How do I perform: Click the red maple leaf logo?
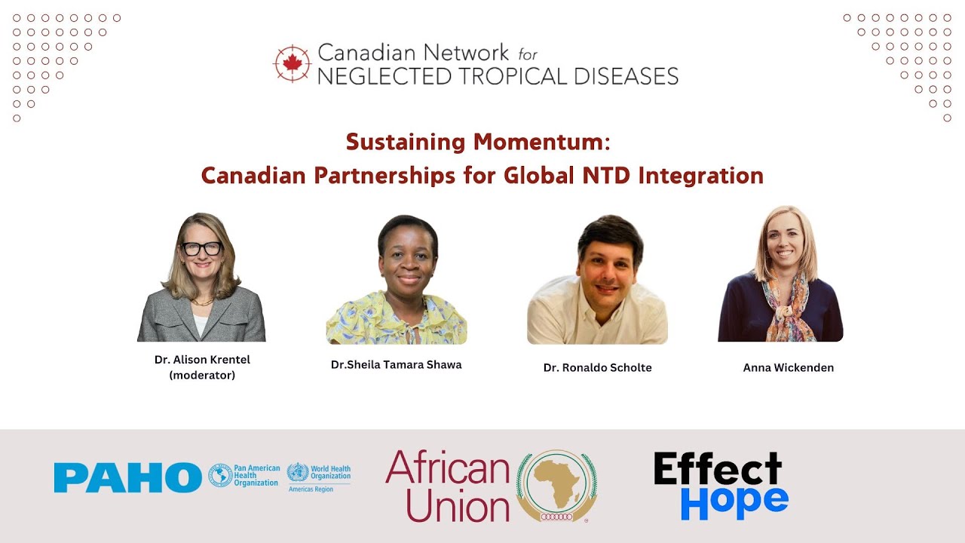coord(293,63)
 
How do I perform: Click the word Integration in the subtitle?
coord(700,176)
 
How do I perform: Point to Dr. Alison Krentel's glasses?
coord(201,248)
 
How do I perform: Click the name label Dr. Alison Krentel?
coord(202,360)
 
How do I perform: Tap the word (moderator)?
coord(202,375)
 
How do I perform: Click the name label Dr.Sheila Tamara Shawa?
coord(396,365)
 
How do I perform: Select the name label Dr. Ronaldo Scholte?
coord(597,368)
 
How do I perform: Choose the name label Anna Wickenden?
coord(788,368)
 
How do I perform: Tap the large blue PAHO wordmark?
coord(127,477)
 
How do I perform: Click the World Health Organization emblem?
coord(298,473)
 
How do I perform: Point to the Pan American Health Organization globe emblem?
coord(220,475)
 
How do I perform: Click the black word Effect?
coord(718,469)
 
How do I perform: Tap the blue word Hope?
coord(734,501)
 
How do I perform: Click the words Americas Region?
coord(310,489)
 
